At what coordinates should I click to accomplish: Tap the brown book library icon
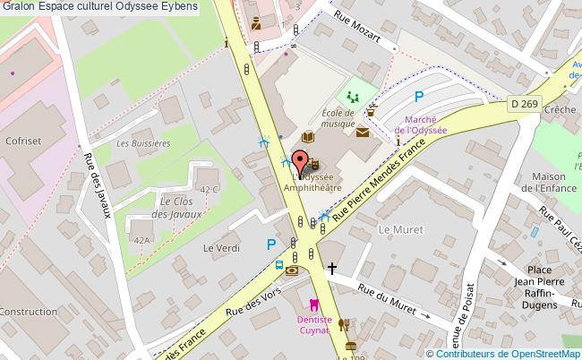pyautogui.click(x=307, y=138)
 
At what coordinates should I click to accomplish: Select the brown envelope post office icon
pyautogui.click(x=362, y=133)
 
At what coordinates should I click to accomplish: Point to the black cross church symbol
pyautogui.click(x=332, y=267)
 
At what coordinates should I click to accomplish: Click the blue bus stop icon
pyautogui.click(x=279, y=265)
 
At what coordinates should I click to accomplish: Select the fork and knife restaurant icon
pyautogui.click(x=343, y=325)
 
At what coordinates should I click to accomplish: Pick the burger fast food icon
pyautogui.click(x=352, y=345)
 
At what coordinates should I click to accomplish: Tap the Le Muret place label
pyautogui.click(x=399, y=229)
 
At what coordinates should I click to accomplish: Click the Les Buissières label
pyautogui.click(x=143, y=143)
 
